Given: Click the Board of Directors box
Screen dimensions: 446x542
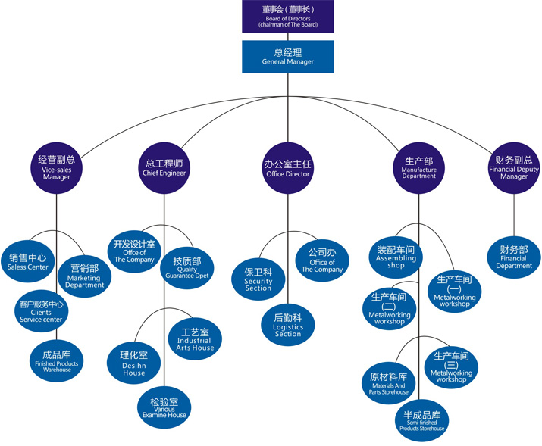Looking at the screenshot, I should (287, 16).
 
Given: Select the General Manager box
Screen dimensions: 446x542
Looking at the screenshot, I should (287, 57).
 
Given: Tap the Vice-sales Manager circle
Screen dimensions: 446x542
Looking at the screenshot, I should (57, 167).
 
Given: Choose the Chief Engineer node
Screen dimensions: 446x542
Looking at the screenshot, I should (164, 167).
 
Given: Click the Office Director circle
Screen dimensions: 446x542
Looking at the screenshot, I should (288, 167).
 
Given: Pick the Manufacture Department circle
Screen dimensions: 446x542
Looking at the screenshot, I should (419, 167).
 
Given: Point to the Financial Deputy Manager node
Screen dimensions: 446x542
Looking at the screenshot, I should (514, 167).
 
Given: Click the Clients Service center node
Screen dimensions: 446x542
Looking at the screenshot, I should (41, 311).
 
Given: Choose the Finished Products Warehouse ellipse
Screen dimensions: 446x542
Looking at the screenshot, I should (57, 360).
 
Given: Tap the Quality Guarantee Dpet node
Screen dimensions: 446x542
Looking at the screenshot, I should (187, 267).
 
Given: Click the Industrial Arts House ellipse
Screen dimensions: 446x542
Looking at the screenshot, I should (196, 338).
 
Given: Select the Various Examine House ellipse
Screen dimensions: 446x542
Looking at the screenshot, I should (164, 407).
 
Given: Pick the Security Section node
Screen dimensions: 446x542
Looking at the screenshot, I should (258, 278).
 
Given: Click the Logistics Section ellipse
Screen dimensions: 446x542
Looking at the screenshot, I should (288, 325).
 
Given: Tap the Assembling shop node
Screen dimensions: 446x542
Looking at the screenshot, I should (396, 256).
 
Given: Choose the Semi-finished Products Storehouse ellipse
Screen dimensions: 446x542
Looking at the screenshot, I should (421, 420).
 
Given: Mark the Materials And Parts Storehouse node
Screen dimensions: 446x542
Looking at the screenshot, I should (389, 382).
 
